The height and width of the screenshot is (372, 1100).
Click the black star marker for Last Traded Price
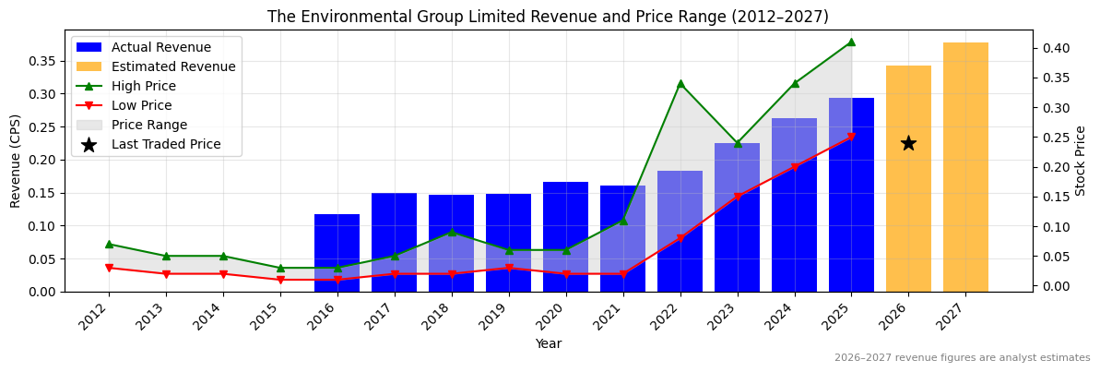pos(908,143)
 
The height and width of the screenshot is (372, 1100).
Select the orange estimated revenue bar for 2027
pos(965,167)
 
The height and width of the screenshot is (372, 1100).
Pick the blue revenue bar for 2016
pos(337,253)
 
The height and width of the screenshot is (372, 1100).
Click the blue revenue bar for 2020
pos(565,236)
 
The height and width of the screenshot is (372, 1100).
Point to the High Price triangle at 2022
pos(680,84)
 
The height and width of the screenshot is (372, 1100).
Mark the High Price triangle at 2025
pos(851,42)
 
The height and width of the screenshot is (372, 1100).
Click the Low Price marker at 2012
pos(109,269)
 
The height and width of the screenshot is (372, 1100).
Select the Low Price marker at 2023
pos(738,197)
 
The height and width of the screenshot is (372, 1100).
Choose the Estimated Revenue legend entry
pos(173,66)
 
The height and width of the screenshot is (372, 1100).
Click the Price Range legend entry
pos(148,125)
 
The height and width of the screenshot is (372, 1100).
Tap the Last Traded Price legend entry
pos(166,144)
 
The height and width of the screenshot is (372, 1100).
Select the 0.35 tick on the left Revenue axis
pos(43,61)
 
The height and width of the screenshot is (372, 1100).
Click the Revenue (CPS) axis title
pos(16,161)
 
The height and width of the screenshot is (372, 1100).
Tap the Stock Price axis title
pos(1081,161)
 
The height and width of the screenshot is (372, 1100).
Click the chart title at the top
pos(548,17)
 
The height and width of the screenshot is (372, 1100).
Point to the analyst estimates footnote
pos(962,358)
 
